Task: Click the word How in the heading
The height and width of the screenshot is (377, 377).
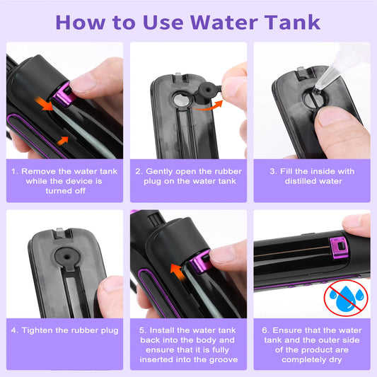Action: click(79, 21)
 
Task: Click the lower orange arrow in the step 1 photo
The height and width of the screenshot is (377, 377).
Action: click(64, 141)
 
